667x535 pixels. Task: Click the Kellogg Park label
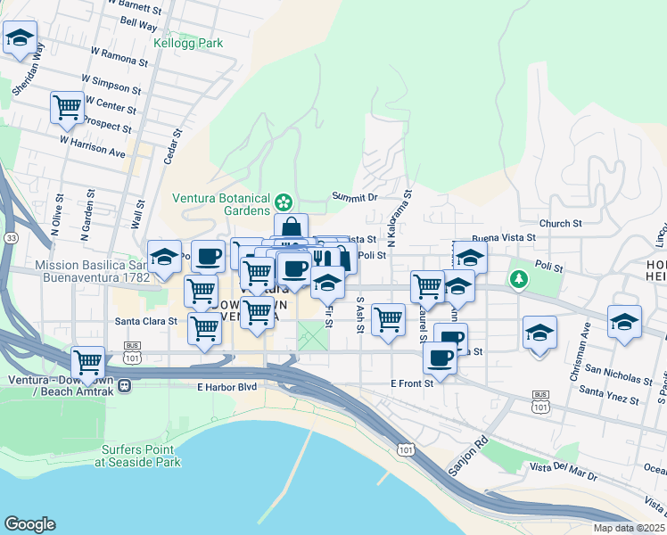tap(187, 43)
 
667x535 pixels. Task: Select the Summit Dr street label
tap(355, 196)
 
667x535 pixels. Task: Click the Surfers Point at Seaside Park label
tap(142, 456)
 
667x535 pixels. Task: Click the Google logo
tap(29, 524)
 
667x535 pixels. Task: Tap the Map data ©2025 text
tap(629, 528)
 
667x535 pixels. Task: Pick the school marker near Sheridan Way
tap(20, 40)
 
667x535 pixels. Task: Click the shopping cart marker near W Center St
tap(68, 109)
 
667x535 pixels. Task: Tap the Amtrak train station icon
tap(125, 385)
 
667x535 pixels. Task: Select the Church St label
tap(560, 224)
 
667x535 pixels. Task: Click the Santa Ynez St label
tap(610, 391)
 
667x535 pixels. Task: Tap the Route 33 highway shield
tap(10, 238)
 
